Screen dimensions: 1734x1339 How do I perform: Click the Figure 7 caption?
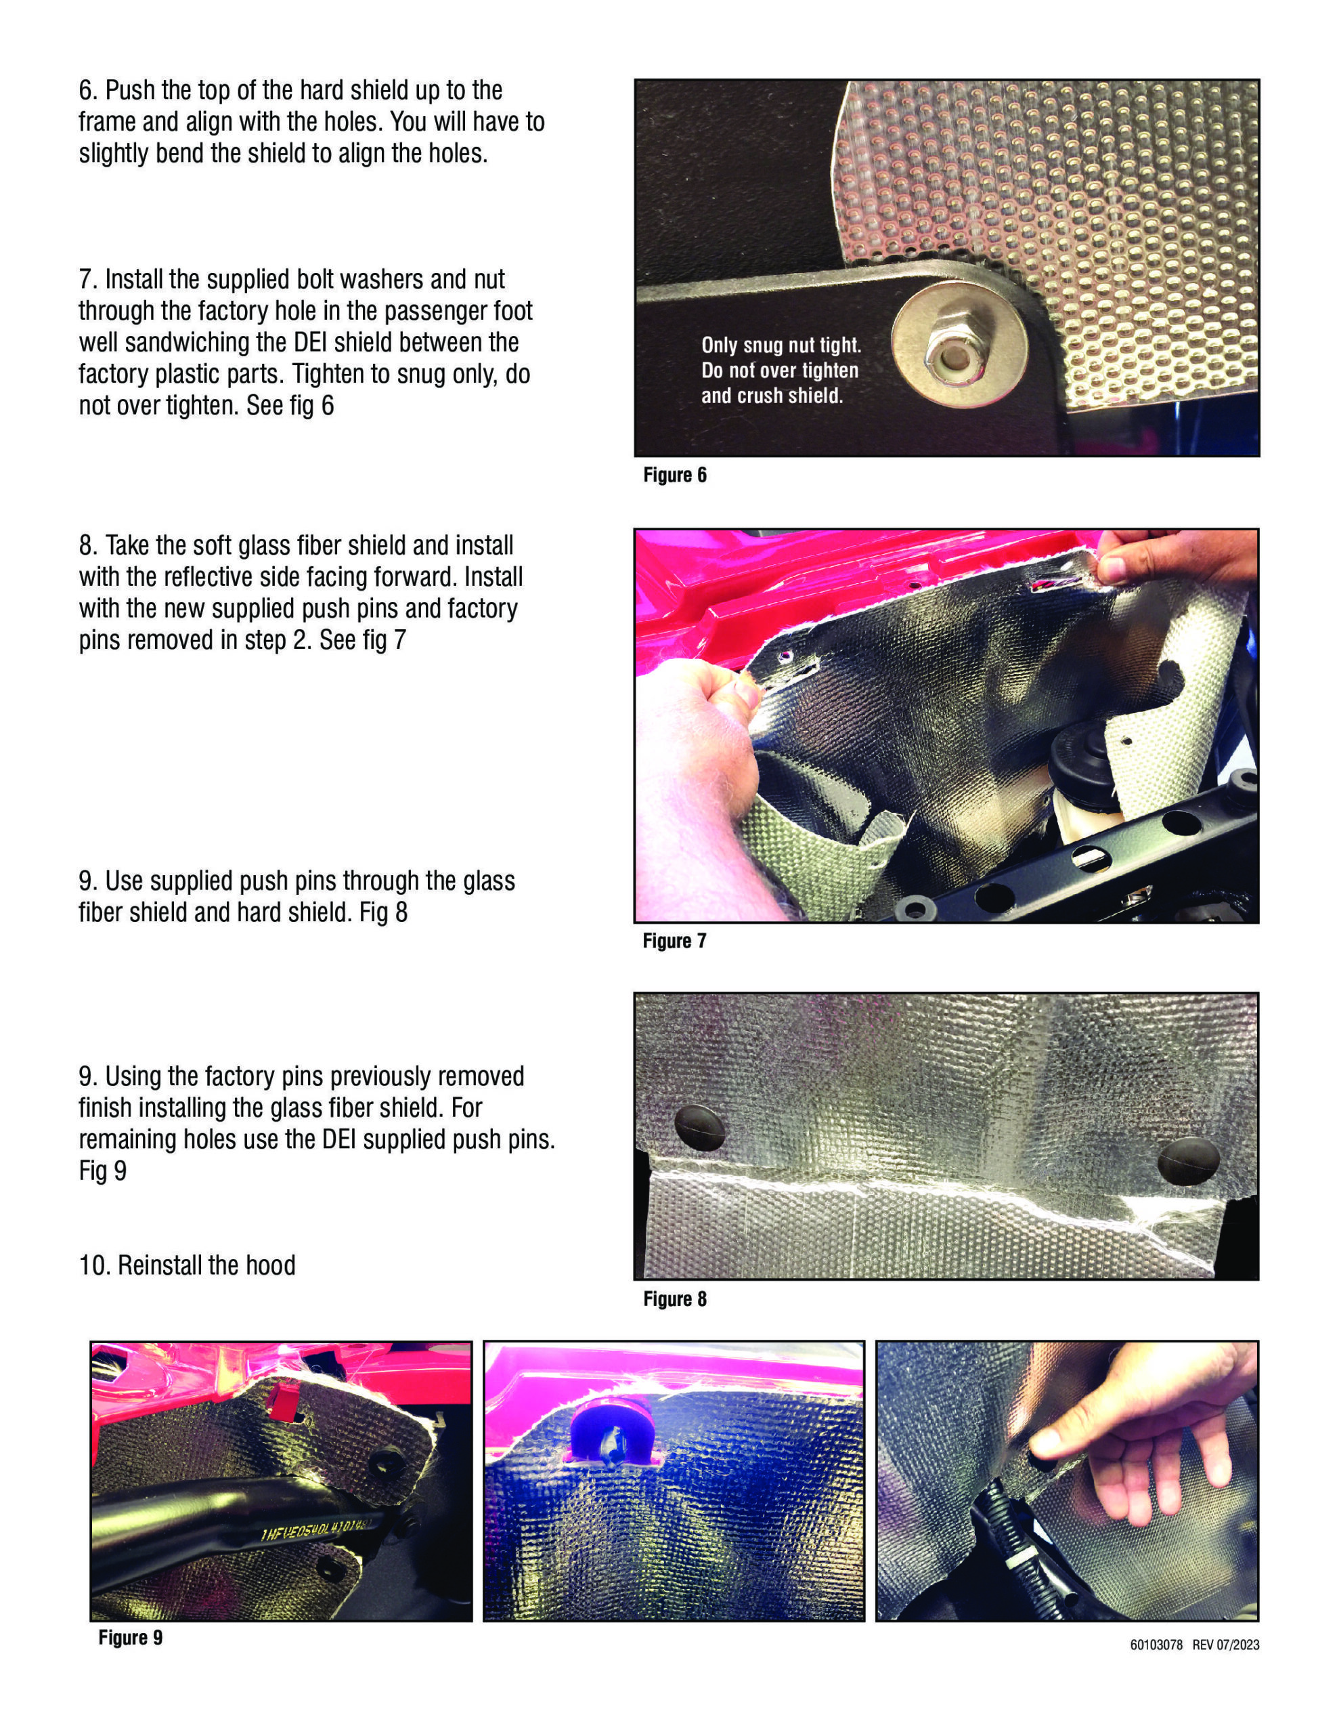pyautogui.click(x=674, y=941)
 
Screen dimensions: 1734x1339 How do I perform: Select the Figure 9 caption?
pyautogui.click(x=130, y=1637)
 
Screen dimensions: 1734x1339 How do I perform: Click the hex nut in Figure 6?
pyautogui.click(x=948, y=355)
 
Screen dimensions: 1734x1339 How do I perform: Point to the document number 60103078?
pyautogui.click(x=1156, y=1645)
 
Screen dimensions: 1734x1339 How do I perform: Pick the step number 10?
pyautogui.click(x=93, y=1265)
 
